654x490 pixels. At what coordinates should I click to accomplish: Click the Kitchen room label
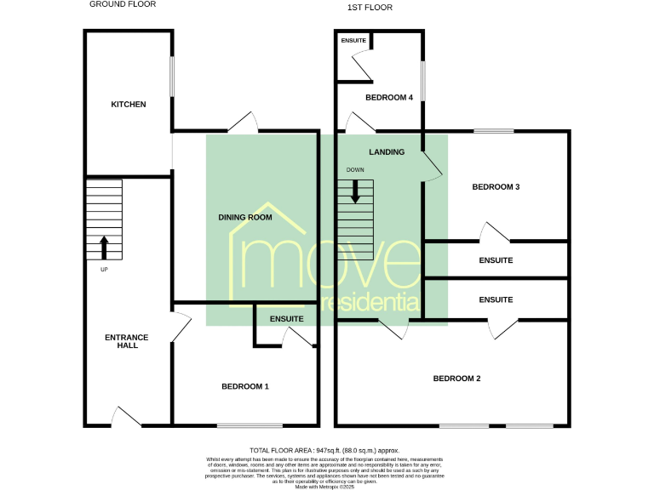[x=129, y=105]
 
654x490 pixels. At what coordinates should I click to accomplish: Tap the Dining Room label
[x=245, y=218]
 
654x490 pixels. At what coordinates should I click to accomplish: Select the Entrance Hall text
[x=127, y=341]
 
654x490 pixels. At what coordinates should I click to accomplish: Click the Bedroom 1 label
[x=245, y=386]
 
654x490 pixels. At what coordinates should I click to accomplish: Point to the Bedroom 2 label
[x=457, y=379]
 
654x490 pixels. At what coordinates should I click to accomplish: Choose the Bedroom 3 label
[x=496, y=187]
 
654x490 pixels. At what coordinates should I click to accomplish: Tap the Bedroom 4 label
[x=389, y=98]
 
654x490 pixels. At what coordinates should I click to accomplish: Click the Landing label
[x=387, y=152]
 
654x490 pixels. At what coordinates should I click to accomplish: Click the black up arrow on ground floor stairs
[x=105, y=248]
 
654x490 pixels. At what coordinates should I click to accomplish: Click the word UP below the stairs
[x=105, y=270]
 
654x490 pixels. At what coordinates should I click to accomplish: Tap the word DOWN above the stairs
[x=355, y=170]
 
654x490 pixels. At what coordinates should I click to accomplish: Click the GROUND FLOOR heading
[x=123, y=4]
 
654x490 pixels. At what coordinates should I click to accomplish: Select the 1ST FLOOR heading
[x=370, y=8]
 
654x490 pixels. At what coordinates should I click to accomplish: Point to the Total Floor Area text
[x=324, y=450]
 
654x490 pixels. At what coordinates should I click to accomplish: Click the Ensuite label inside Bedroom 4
[x=353, y=41]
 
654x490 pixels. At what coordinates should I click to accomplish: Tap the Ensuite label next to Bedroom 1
[x=286, y=319]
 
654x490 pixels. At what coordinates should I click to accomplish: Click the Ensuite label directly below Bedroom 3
[x=496, y=260]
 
